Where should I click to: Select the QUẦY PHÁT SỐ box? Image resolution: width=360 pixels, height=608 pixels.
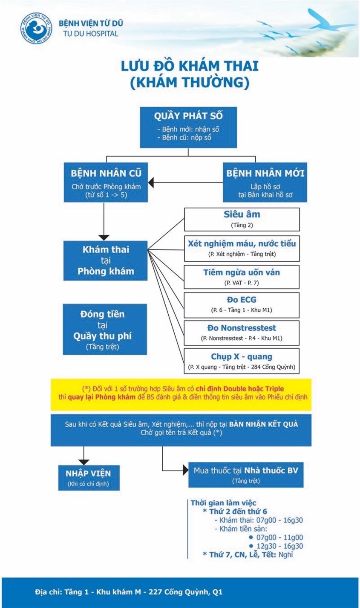coord(188,127)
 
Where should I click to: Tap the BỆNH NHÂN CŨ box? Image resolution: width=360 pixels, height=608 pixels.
coord(106,182)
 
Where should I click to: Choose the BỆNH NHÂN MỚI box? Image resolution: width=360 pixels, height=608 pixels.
coord(265,182)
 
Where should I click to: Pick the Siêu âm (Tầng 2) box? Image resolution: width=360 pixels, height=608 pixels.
coord(242,219)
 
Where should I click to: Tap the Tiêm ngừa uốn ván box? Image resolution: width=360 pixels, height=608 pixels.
coord(242,277)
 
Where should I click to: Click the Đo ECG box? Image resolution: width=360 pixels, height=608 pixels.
coord(242,304)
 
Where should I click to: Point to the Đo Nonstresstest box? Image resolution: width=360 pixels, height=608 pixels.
coord(242,333)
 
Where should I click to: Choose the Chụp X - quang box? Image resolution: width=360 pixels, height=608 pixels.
coord(242,361)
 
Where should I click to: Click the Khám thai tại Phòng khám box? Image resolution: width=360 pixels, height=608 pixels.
coord(105,260)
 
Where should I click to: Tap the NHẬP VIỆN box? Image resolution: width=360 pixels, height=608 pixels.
coord(88,478)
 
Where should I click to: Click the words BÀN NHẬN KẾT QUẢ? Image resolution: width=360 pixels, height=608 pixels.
coord(263,424)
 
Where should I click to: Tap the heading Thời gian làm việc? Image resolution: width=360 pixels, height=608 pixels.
coord(223,503)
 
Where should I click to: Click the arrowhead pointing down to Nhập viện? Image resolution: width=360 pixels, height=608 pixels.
coord(84,461)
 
